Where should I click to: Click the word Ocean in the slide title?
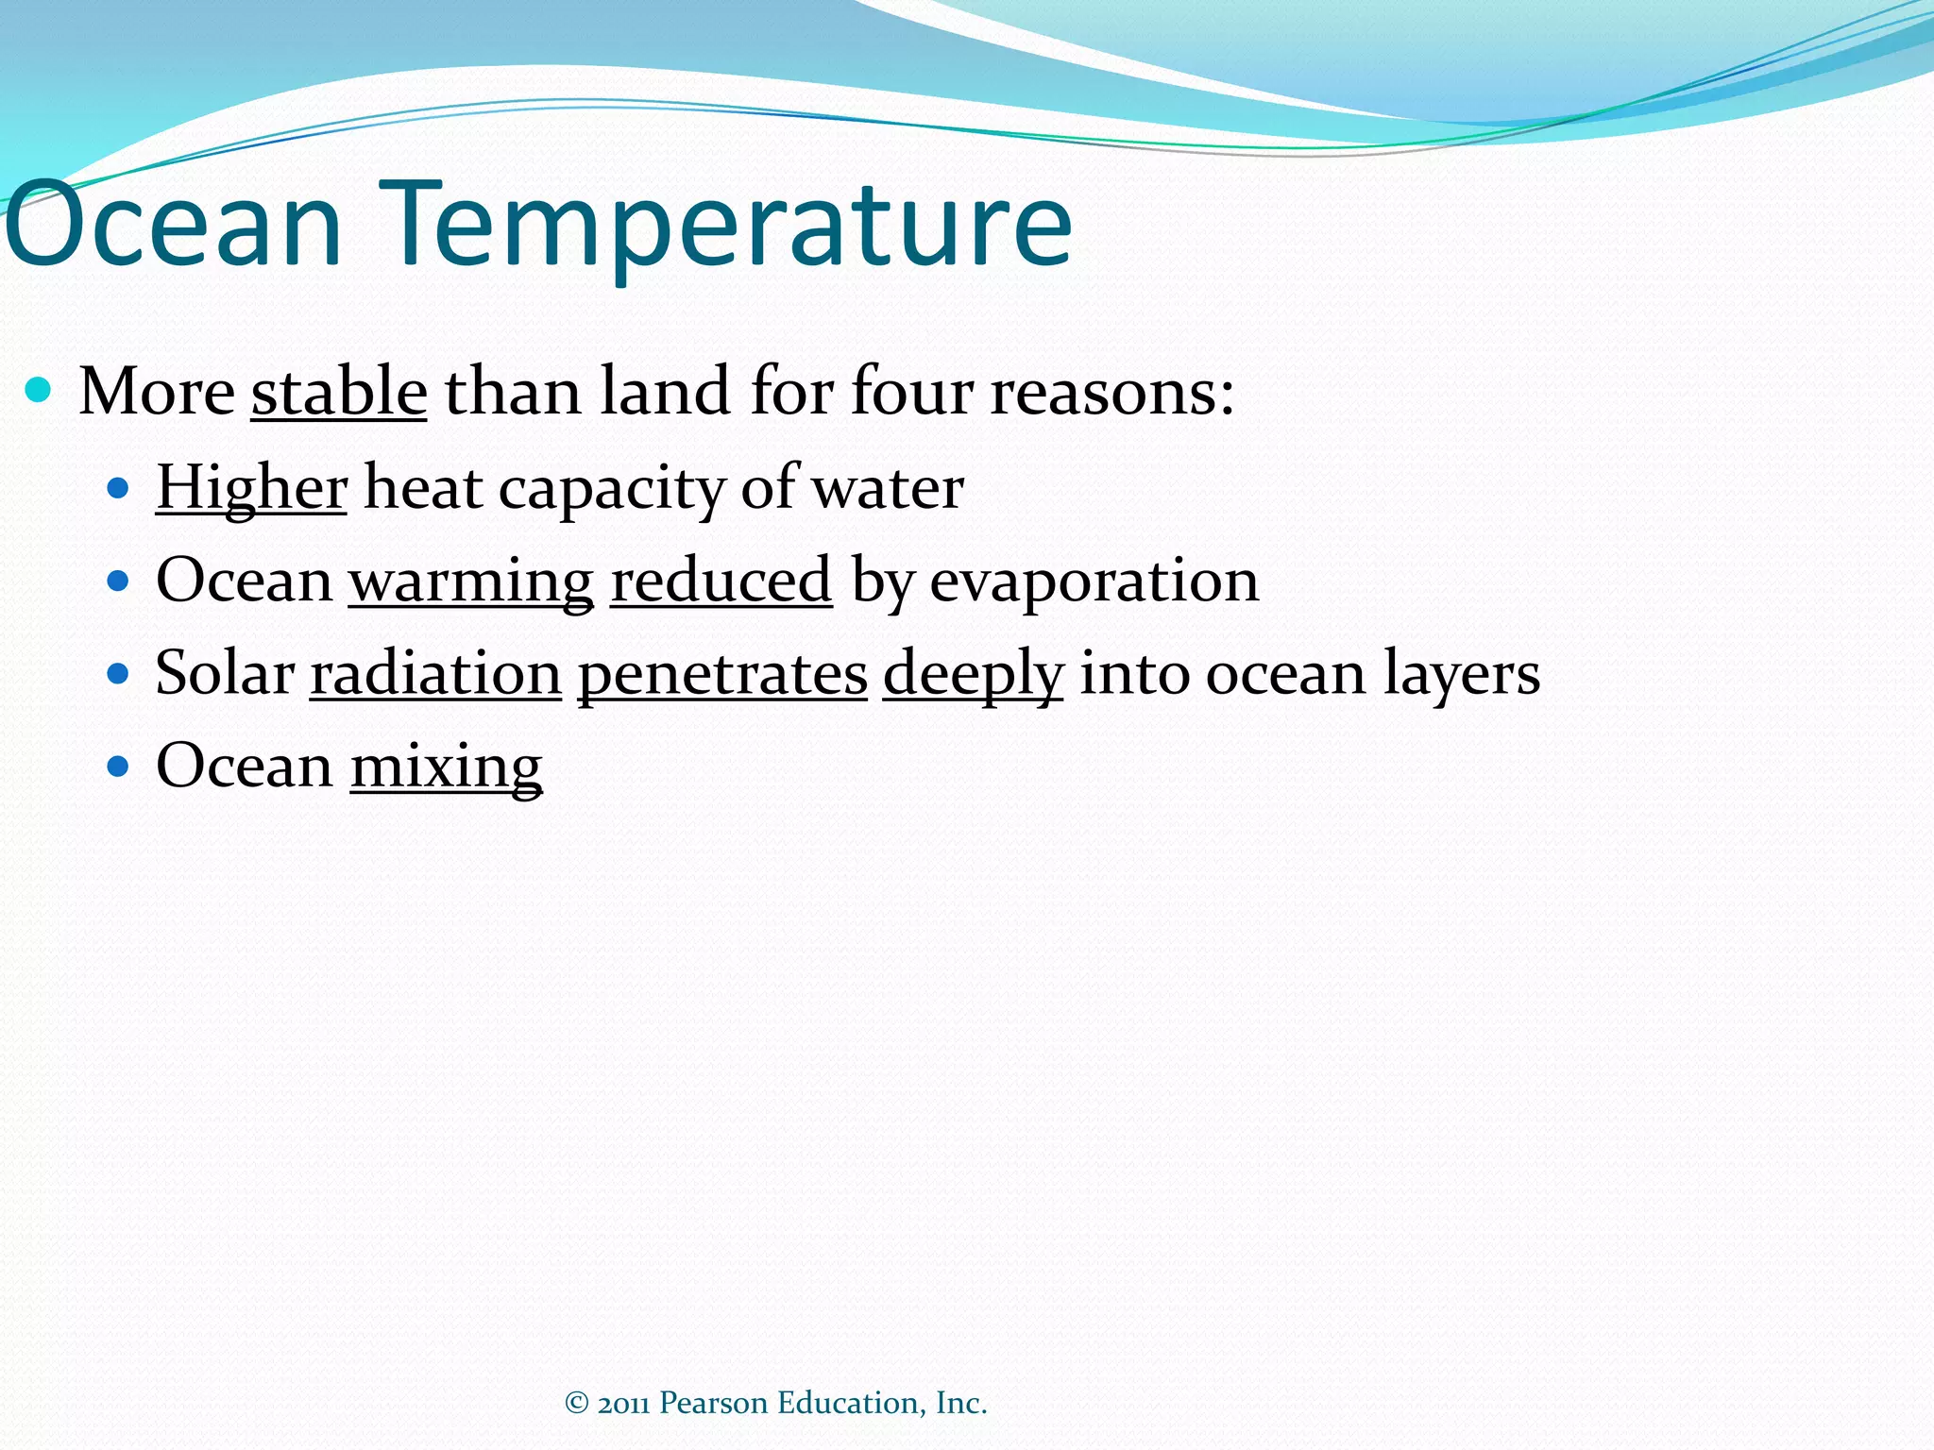[x=175, y=227]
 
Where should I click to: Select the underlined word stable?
[x=339, y=391]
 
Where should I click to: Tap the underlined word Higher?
[x=251, y=488]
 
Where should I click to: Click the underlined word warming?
[x=471, y=580]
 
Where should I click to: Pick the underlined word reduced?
[x=721, y=580]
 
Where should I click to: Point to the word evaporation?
[x=1094, y=580]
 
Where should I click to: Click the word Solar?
[x=225, y=673]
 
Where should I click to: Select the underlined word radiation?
[x=435, y=673]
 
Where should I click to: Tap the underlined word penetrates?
[x=722, y=673]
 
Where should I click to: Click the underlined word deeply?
[x=973, y=673]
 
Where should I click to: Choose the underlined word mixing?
[x=446, y=766]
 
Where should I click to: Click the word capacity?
[x=611, y=488]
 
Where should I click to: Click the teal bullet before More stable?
[x=39, y=390]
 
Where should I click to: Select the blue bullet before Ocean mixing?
[x=118, y=766]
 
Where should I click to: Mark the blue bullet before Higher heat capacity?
[x=118, y=488]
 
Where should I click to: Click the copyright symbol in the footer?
[x=576, y=1404]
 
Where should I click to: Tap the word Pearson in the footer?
[x=713, y=1404]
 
